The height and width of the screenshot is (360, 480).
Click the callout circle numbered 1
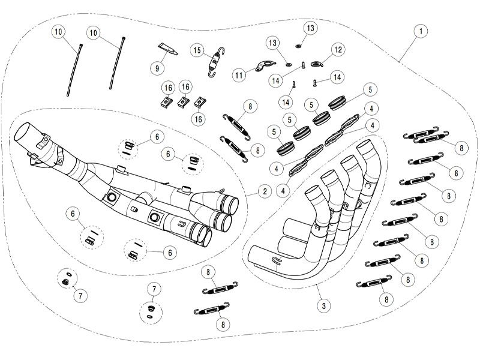point(421,31)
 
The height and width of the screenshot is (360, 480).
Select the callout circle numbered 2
point(265,191)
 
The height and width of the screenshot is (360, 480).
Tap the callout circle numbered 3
point(323,305)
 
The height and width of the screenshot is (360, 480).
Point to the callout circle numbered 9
point(157,68)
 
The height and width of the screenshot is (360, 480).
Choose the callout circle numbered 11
point(239,74)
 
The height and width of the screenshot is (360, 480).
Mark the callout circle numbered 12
point(338,50)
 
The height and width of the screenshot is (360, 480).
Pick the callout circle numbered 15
point(197,50)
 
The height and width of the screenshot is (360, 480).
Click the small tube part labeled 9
point(167,49)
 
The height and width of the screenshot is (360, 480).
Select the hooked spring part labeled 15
point(216,62)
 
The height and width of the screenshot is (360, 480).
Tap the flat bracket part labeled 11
point(265,65)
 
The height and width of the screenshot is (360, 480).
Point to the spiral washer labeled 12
point(317,64)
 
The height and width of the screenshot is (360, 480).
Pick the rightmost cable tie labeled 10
point(117,63)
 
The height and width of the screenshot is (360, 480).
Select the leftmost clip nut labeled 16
point(166,101)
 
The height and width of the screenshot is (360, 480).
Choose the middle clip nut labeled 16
point(183,101)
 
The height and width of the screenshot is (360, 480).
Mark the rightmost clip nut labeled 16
point(200,101)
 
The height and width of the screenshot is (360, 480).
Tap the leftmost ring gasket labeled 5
point(286,148)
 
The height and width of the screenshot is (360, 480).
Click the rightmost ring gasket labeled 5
point(337,103)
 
